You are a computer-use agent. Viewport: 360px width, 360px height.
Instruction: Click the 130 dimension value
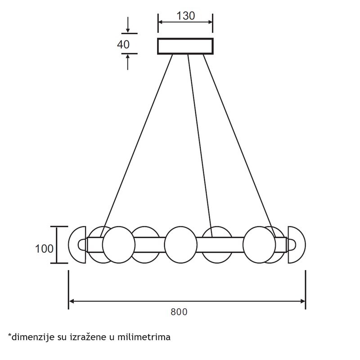coord(185,16)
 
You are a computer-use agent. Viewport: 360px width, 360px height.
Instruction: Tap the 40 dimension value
coord(123,44)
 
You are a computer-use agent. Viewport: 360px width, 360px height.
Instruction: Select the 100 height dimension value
coord(44,249)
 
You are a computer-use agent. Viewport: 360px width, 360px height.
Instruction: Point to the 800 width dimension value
coord(179,312)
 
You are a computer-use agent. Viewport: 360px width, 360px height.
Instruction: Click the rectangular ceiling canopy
coord(185,46)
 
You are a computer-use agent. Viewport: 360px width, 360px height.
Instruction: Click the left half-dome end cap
coord(77,245)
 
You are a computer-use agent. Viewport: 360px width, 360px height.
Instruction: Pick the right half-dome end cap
coord(297,245)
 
